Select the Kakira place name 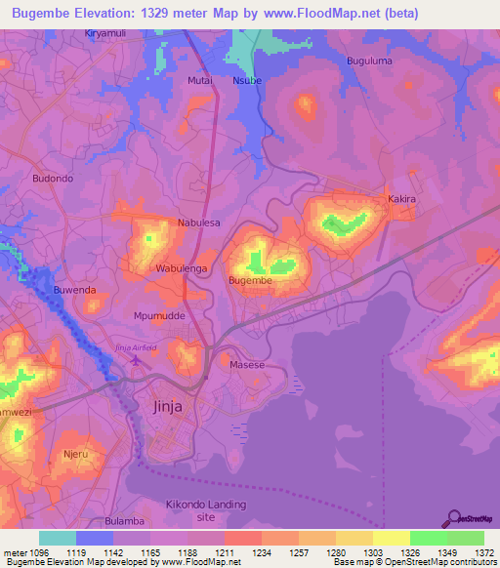[402, 199]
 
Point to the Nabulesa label [198, 223]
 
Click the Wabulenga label [181, 267]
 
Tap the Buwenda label [75, 290]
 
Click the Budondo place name [53, 179]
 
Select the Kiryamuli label [107, 33]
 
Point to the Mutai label [199, 82]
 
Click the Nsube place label [247, 82]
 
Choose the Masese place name [247, 365]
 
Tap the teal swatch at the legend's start [57, 538]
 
